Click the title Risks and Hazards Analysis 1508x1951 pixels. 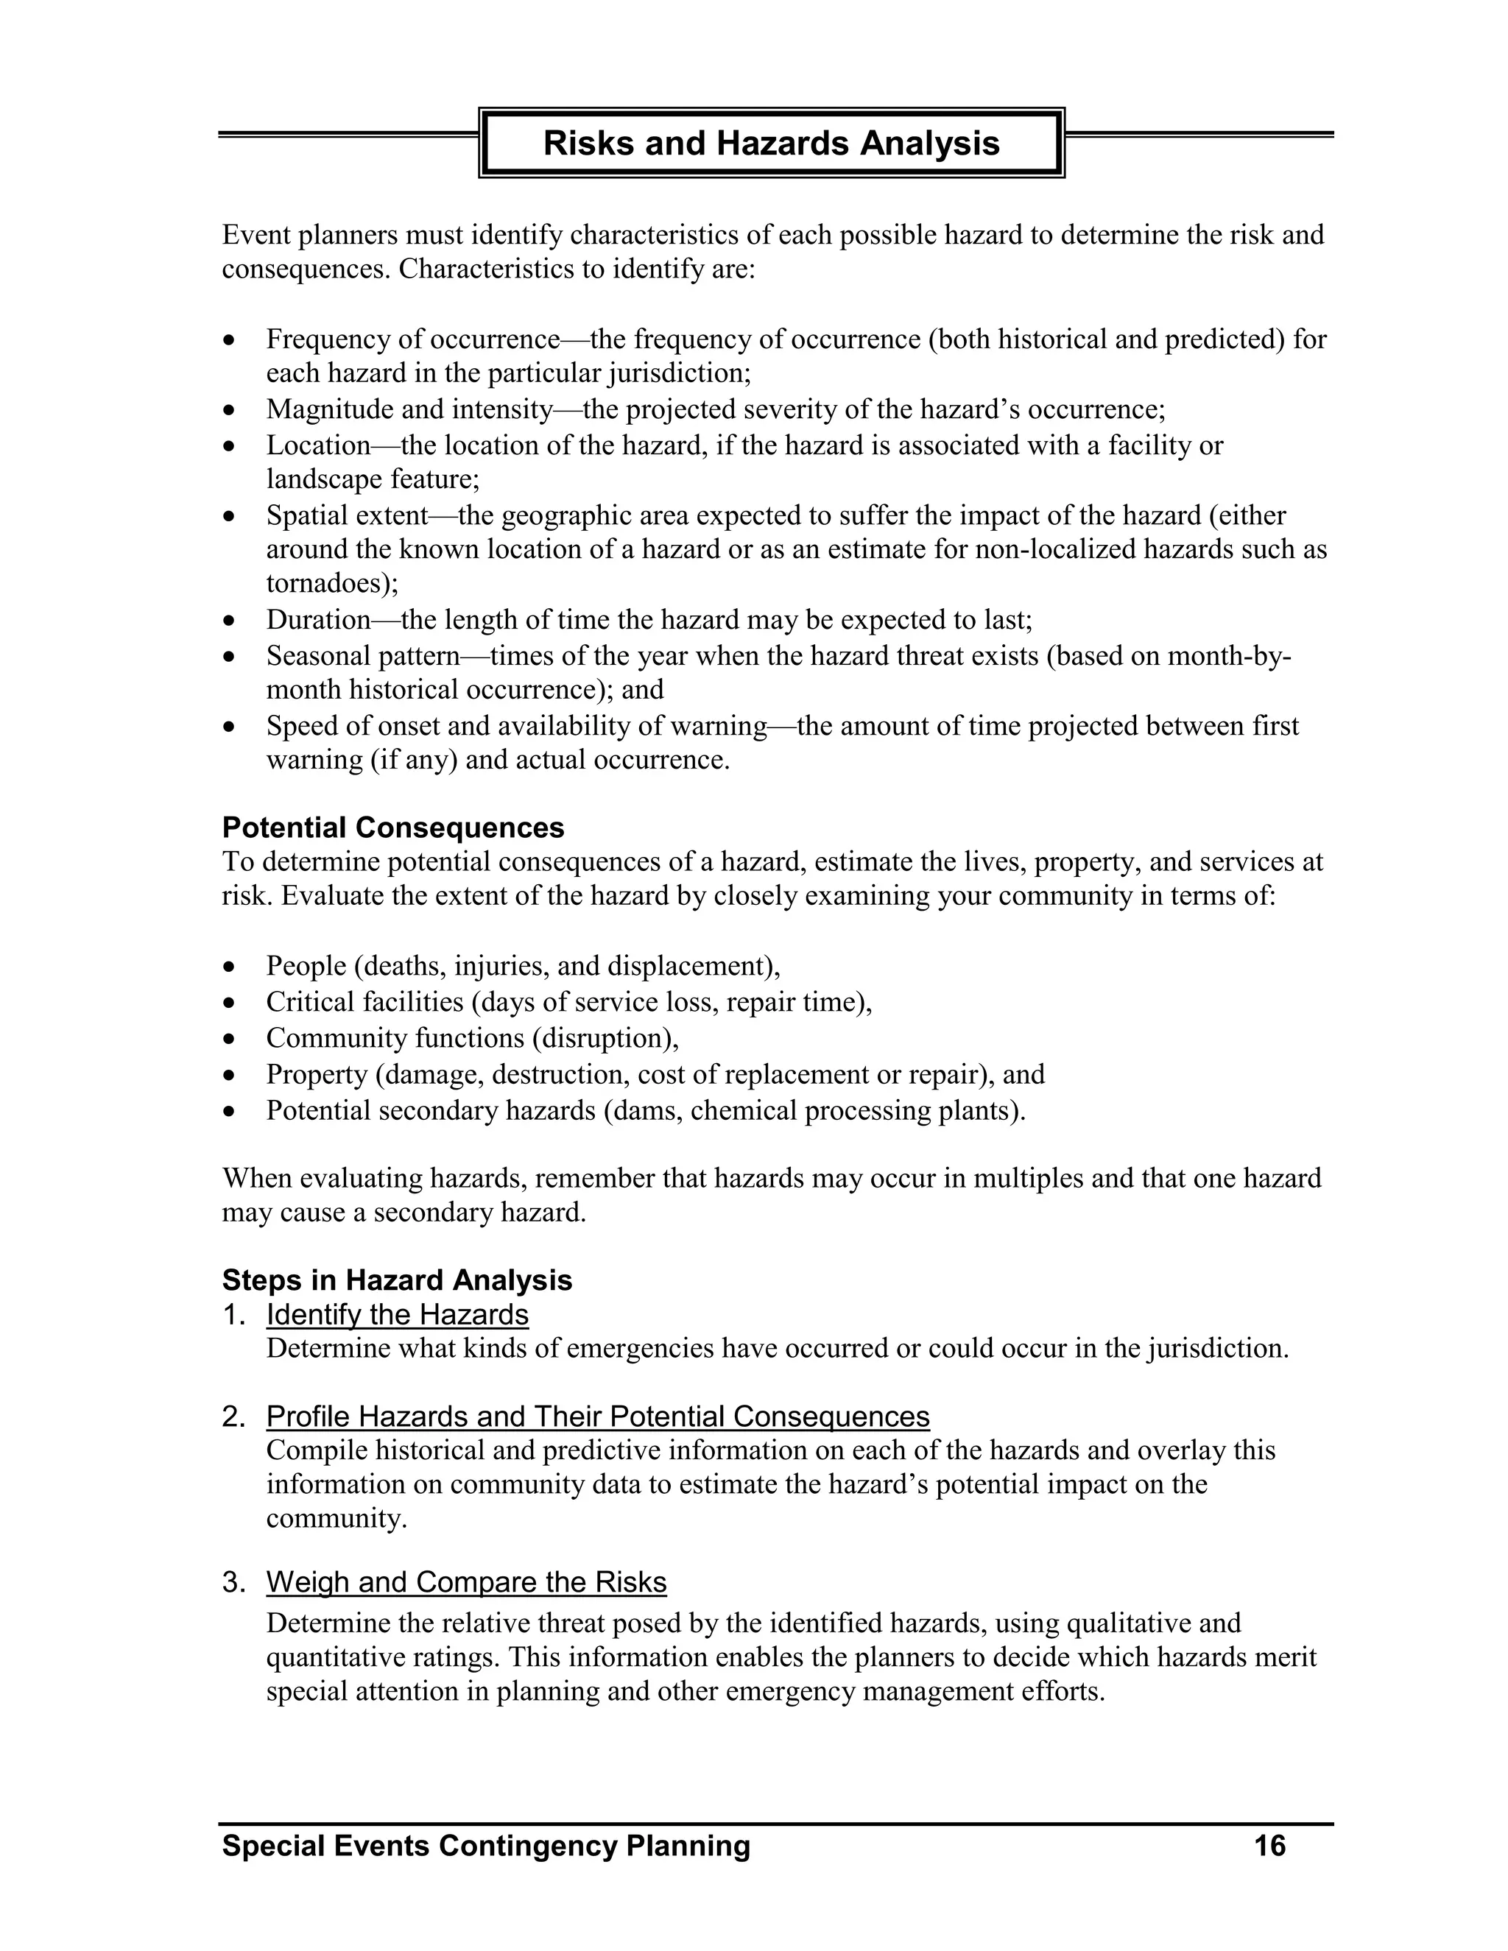point(771,143)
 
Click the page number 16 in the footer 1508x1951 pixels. point(1269,1846)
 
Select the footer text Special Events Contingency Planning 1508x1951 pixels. point(486,1846)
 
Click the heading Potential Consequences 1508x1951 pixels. point(393,828)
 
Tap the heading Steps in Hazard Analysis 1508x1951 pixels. point(397,1280)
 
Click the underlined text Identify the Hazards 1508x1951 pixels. point(397,1314)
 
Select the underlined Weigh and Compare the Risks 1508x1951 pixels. point(466,1582)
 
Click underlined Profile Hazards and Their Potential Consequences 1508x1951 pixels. point(598,1416)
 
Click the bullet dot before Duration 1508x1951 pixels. point(230,621)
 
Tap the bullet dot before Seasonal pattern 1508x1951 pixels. point(230,657)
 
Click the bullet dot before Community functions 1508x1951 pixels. point(230,1040)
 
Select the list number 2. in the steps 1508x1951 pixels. point(233,1416)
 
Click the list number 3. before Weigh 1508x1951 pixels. point(233,1582)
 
